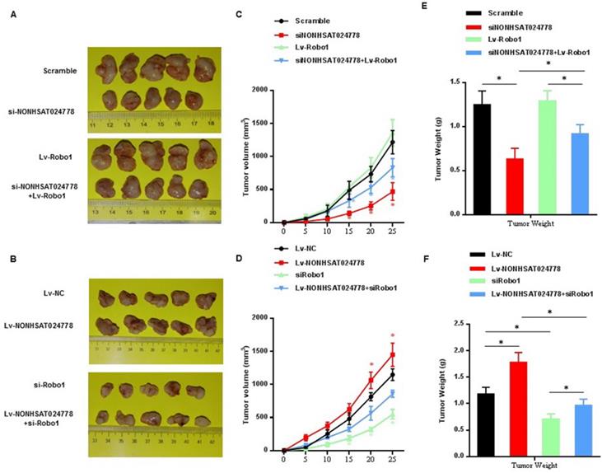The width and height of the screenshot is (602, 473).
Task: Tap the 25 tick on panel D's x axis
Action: point(391,460)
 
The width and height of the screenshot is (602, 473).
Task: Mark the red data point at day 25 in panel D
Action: point(391,354)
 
